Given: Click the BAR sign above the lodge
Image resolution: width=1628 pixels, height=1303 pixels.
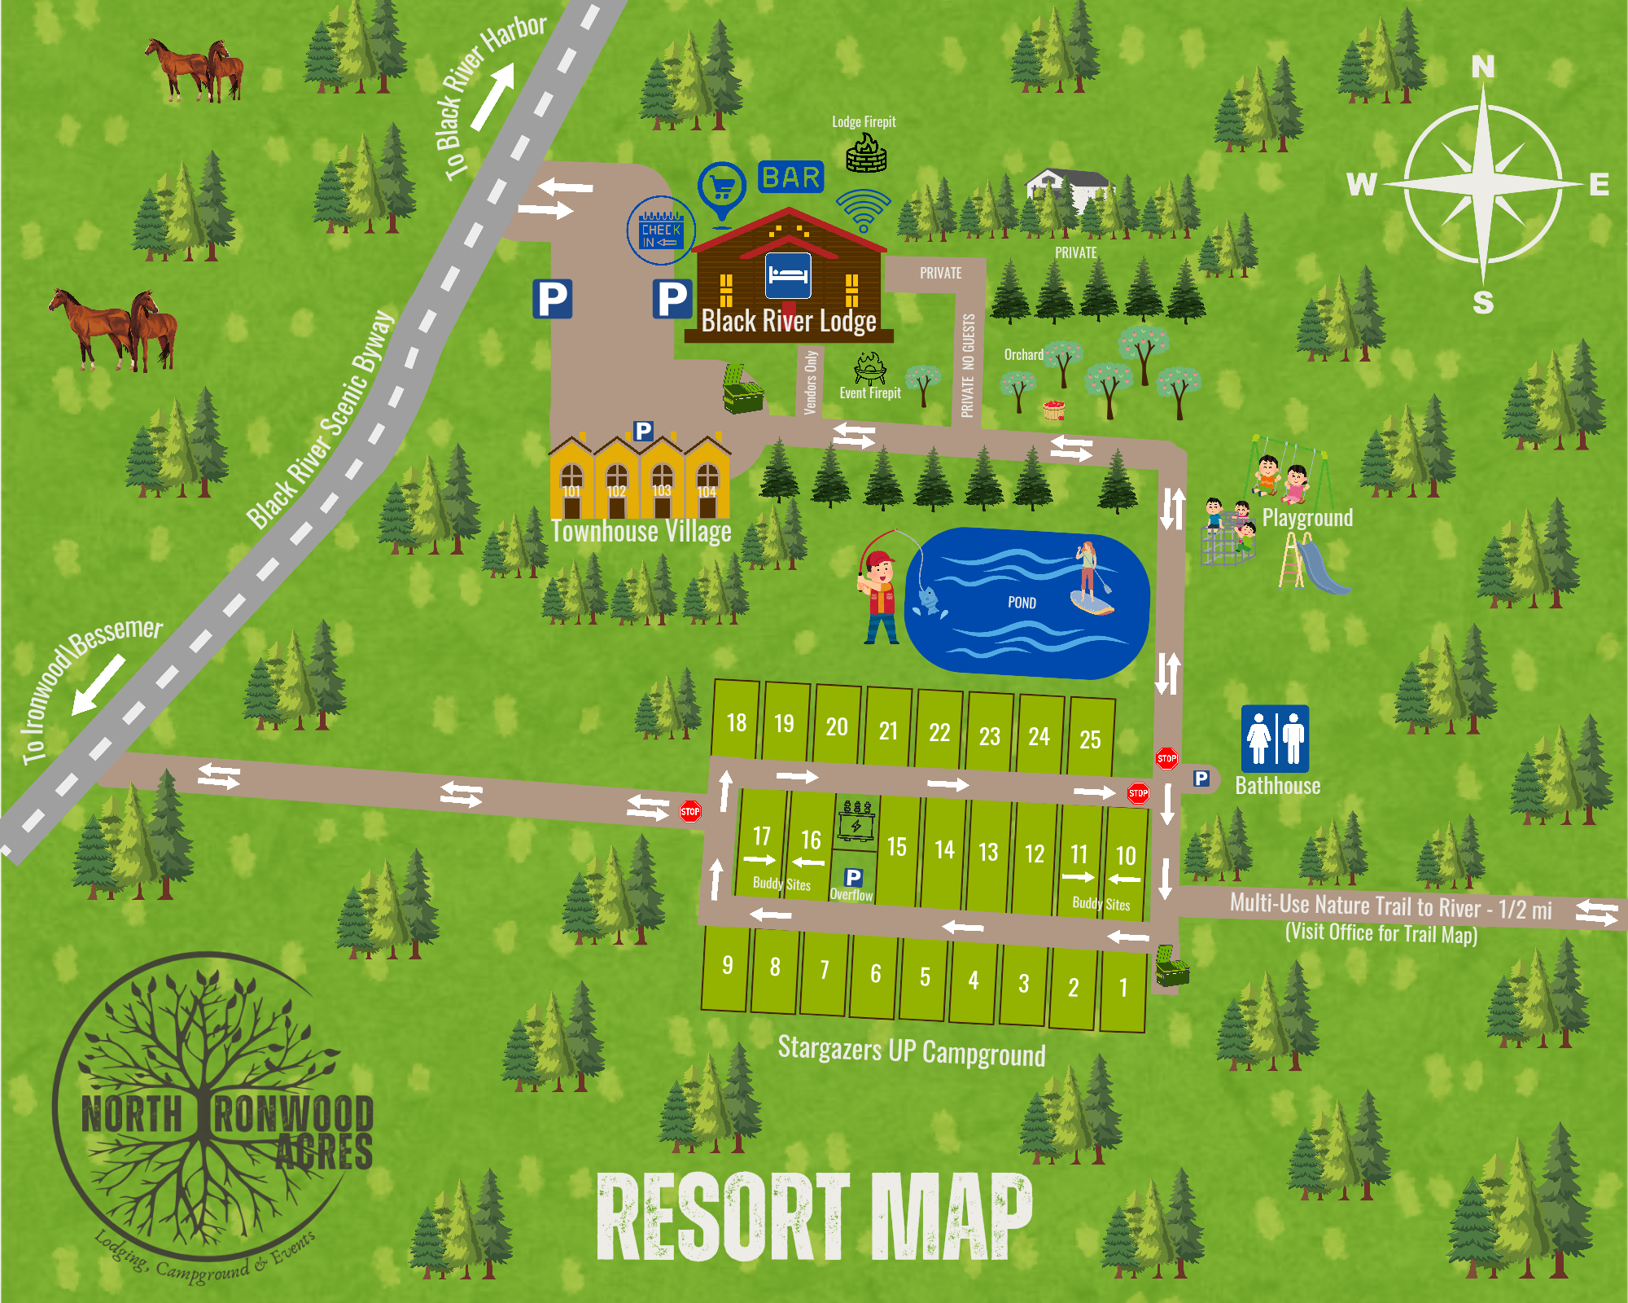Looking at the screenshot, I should (x=790, y=177).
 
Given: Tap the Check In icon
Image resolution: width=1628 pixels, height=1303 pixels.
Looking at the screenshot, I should (x=661, y=230).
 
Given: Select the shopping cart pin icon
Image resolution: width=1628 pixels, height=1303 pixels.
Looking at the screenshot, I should (x=722, y=189).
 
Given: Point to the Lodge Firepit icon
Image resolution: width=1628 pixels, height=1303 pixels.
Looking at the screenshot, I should (x=866, y=152).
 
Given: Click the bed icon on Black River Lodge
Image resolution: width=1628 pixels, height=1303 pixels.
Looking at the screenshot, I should (x=788, y=275).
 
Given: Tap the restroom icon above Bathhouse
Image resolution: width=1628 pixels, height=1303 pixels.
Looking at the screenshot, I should (x=1275, y=738).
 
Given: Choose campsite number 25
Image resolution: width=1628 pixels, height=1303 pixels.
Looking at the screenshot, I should (x=1090, y=737).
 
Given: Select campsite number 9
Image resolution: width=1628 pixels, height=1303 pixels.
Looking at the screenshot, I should (x=727, y=967).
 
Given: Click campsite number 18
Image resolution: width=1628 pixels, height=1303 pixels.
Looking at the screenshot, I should (x=736, y=722).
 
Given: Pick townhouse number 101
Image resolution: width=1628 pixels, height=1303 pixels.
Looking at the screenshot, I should (x=572, y=483).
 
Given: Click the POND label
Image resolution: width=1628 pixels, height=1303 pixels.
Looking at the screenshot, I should (x=1022, y=603).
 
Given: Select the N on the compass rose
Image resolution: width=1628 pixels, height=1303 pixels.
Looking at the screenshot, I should (x=1482, y=67).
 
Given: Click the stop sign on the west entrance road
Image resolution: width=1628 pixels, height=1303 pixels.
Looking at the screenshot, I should (x=690, y=811).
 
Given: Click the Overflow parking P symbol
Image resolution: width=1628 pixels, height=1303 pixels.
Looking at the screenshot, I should (x=853, y=877).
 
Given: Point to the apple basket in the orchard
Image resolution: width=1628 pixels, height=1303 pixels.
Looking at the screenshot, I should (x=1054, y=410).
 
